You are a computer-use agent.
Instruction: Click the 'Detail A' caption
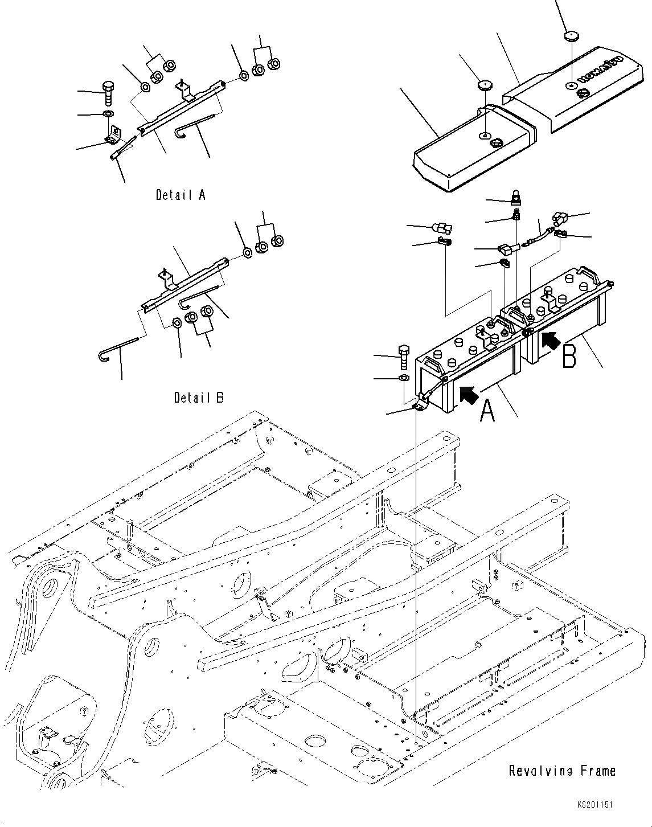[x=181, y=195]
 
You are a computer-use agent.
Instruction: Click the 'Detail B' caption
[x=199, y=397]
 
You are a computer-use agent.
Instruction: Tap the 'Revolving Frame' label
[x=562, y=771]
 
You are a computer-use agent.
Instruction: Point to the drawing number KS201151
[x=594, y=805]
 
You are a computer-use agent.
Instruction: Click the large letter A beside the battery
[x=487, y=411]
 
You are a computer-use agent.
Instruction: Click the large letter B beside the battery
[x=569, y=355]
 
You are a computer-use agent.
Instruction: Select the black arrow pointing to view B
[x=550, y=340]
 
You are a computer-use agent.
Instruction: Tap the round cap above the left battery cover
[x=485, y=85]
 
